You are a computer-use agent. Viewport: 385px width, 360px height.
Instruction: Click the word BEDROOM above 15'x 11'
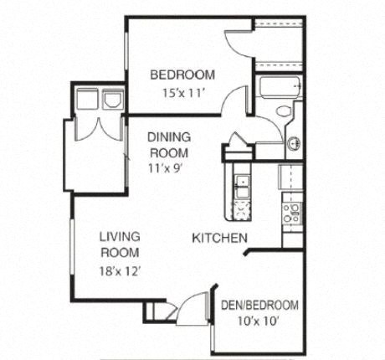click(182, 75)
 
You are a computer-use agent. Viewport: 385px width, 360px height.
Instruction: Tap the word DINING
click(169, 137)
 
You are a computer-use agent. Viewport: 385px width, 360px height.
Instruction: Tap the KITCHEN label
click(218, 239)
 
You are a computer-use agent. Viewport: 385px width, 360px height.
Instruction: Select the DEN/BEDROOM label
click(259, 305)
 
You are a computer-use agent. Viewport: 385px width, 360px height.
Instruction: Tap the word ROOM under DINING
click(168, 152)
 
